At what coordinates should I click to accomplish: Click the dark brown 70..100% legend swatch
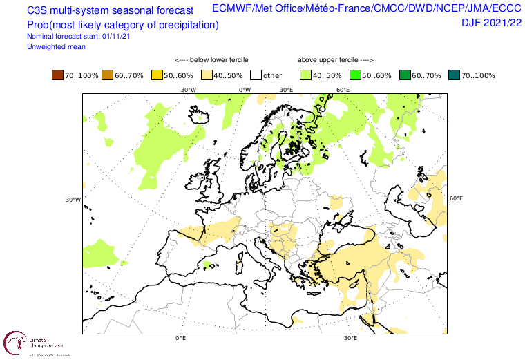(x=57, y=75)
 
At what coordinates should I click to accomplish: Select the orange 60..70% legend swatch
(x=108, y=75)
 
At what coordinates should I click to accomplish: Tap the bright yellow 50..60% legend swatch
(x=157, y=75)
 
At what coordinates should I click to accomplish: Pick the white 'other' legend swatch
(x=256, y=75)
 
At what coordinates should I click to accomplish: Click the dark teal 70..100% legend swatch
(x=454, y=75)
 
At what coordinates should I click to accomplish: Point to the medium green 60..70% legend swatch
(x=405, y=75)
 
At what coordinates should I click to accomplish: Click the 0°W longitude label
(x=245, y=90)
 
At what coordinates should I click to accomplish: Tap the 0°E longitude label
(x=181, y=339)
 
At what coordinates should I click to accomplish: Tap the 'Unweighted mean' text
(x=56, y=46)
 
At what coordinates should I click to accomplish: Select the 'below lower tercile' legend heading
(x=211, y=60)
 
